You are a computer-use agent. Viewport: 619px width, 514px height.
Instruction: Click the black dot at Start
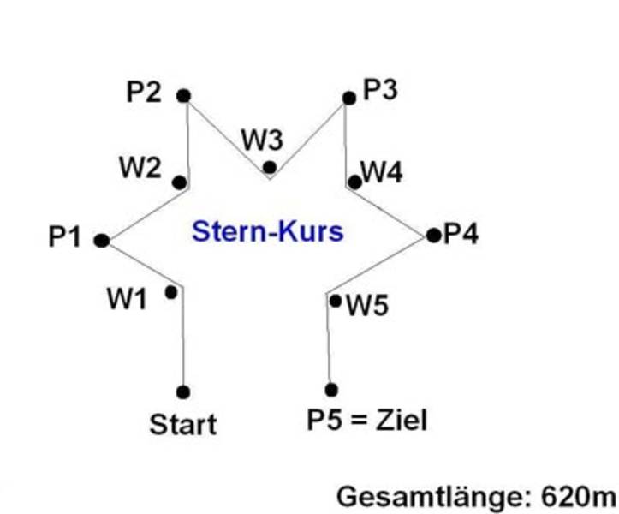pos(183,392)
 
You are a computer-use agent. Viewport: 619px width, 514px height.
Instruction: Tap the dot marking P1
pos(101,241)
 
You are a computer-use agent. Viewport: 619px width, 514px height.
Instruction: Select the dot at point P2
pos(184,96)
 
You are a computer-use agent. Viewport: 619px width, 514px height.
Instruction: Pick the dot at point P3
pos(348,99)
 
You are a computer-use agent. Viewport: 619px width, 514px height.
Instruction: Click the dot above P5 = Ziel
pos(331,391)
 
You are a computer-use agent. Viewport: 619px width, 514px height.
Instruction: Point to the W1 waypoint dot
pos(171,293)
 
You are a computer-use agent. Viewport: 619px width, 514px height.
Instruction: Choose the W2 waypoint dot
pos(179,182)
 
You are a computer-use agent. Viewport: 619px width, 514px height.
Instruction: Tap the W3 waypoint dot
pos(270,167)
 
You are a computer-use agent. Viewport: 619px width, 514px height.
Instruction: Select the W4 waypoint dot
pos(354,182)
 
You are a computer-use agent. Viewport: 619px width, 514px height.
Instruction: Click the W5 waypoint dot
pos(336,301)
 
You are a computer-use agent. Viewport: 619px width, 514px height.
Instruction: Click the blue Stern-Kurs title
pos(267,231)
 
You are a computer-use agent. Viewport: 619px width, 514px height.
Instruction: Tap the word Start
pos(183,424)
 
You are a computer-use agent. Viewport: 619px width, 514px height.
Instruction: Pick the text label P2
pos(144,92)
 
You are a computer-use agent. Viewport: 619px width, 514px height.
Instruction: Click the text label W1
pos(127,298)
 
